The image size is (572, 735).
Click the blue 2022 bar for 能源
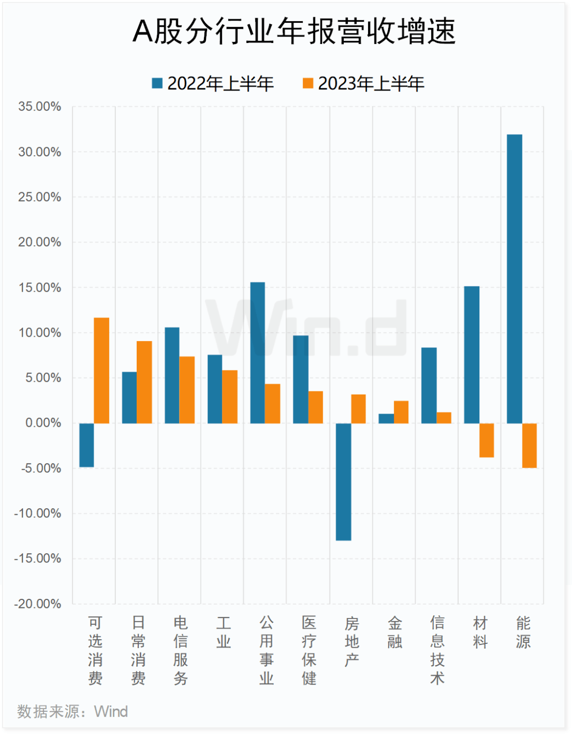click(514, 279)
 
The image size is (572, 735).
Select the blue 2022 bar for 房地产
click(343, 482)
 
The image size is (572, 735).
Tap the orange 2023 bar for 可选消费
click(102, 371)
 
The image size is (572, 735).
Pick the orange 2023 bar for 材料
click(487, 440)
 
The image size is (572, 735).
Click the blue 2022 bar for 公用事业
click(257, 353)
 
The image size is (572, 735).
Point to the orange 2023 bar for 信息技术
click(444, 418)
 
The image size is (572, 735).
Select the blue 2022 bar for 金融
click(386, 418)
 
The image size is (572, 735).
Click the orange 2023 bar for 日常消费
click(144, 382)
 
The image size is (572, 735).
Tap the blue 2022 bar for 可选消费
click(87, 445)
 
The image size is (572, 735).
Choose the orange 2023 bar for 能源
click(529, 445)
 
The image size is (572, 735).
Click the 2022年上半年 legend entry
click(213, 84)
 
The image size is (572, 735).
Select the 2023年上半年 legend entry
click(364, 84)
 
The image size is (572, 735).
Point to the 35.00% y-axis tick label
click(40, 106)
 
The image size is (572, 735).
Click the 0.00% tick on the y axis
click(43, 423)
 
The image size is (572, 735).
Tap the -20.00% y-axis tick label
click(38, 604)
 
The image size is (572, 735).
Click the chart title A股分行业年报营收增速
click(294, 32)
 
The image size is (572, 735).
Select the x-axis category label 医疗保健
click(309, 650)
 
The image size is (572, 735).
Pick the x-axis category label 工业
click(223, 632)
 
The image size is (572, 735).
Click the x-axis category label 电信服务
click(181, 650)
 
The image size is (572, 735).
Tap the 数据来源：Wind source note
click(73, 712)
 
